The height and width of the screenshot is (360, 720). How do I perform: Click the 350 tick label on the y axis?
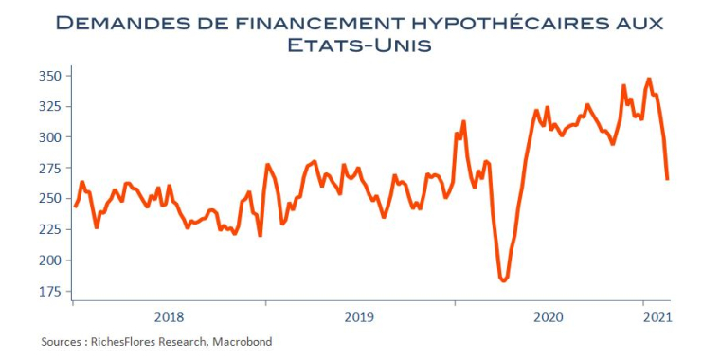50,76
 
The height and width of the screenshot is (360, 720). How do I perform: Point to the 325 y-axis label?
50,106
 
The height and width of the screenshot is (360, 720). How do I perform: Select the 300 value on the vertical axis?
50,137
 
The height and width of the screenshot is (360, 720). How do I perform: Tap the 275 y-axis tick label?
50,168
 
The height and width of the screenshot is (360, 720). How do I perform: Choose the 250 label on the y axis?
50,199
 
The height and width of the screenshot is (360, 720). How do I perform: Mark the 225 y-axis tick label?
50,229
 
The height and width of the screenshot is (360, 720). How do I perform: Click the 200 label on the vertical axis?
50,261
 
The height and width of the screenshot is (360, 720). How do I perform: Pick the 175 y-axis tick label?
50,291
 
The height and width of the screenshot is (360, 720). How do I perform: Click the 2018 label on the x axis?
169,317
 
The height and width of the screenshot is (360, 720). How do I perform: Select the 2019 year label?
359,317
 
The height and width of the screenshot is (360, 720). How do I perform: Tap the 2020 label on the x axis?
549,317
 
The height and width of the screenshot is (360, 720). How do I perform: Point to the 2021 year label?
657,317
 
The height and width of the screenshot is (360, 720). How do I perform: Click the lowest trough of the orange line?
504,280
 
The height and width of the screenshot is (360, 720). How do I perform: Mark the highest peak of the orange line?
649,79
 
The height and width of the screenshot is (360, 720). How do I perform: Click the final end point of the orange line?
667,179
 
